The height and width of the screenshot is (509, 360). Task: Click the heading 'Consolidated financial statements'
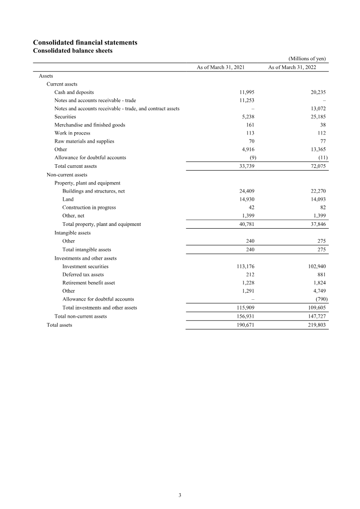click(x=85, y=42)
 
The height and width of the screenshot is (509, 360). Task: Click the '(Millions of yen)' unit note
click(x=307, y=59)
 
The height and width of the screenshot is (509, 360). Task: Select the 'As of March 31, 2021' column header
click(x=220, y=67)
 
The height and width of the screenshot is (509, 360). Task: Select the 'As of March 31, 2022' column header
click(x=292, y=67)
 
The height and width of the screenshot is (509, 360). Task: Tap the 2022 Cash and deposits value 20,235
click(x=318, y=92)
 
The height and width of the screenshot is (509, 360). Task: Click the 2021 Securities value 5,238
click(x=248, y=117)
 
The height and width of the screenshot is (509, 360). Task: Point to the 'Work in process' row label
click(x=72, y=133)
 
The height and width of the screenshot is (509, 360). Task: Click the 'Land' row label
click(x=68, y=199)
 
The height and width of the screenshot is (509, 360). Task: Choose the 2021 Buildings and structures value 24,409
click(x=247, y=191)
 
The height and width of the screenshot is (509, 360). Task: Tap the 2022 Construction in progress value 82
click(x=322, y=207)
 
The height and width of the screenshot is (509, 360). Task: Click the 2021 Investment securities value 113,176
click(x=246, y=266)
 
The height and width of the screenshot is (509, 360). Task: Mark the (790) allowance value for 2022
click(x=320, y=299)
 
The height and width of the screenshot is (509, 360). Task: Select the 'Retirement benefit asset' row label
click(x=89, y=283)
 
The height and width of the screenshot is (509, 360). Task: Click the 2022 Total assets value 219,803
click(x=317, y=324)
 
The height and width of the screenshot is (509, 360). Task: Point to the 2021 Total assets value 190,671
click(x=246, y=324)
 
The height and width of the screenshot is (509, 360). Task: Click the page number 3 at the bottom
click(x=180, y=495)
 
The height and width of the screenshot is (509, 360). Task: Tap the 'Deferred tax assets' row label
click(x=83, y=275)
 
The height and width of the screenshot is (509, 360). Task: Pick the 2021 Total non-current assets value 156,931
click(x=246, y=316)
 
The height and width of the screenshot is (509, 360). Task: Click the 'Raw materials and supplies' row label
click(x=84, y=141)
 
